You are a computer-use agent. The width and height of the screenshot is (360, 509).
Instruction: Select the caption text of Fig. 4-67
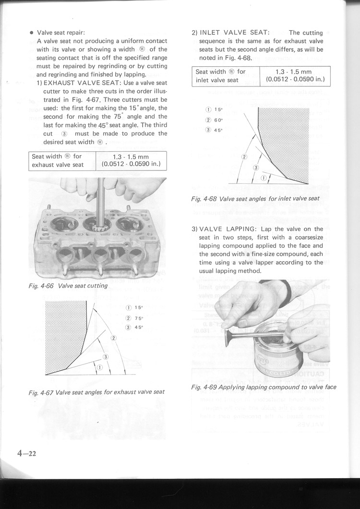click(96, 392)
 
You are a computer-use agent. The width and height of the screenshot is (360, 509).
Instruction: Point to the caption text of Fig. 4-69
click(263, 387)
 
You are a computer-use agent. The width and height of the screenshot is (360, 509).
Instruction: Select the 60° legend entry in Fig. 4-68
click(212, 120)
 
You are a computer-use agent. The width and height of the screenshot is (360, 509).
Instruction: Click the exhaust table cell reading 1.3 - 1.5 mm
click(131, 157)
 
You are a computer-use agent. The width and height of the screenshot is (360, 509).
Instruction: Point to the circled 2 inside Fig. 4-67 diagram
click(114, 338)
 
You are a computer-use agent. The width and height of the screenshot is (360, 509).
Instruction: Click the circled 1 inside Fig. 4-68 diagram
click(264, 178)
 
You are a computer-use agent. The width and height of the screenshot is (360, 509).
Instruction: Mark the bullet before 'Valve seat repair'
click(32, 33)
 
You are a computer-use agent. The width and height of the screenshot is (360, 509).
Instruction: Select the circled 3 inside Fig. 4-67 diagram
click(105, 356)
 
